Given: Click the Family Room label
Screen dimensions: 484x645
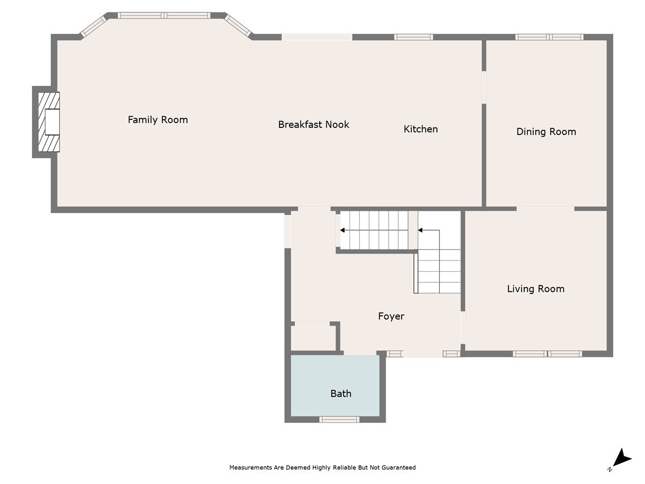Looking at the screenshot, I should coord(157,119).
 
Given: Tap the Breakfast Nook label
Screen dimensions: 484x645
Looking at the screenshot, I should coord(313,124).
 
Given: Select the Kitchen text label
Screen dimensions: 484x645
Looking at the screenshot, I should coord(420,129).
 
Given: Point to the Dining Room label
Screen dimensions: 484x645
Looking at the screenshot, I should coord(546,132).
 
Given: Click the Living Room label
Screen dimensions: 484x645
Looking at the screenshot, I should coord(535,289).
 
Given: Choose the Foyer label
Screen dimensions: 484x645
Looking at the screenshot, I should coord(391,316).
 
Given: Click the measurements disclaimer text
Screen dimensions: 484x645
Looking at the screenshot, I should coord(322,467).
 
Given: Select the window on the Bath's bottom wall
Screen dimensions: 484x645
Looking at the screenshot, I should coord(339,419).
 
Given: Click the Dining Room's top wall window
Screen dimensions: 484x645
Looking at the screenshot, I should coord(549,37).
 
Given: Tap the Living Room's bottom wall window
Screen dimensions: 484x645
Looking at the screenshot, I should coord(547,353).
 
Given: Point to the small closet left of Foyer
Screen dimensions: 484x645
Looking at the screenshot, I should coord(313,338).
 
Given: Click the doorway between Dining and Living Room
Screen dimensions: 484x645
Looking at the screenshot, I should coord(545,208).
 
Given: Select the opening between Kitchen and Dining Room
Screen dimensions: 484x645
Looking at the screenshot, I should coord(484,87).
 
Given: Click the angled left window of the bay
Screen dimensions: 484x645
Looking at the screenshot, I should coord(93,26).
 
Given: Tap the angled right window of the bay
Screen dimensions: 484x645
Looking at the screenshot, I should coord(238,26).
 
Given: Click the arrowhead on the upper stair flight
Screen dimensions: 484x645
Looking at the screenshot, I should coord(342,230).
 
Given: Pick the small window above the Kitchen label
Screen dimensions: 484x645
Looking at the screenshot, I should coord(413,37).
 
